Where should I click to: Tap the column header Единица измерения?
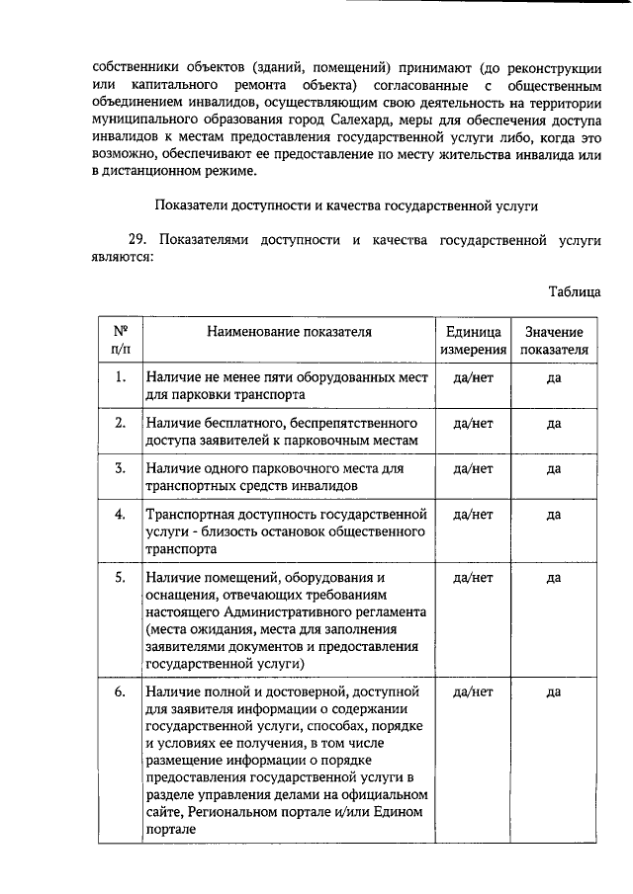pos(473,341)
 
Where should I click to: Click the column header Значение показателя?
pos(554,341)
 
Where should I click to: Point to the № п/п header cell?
pos(120,341)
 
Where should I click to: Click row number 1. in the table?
pos(120,376)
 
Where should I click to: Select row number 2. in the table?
pos(120,423)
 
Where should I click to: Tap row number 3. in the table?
pos(120,468)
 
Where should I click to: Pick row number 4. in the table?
pos(120,514)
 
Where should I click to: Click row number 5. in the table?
pos(120,577)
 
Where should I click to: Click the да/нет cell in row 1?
pos(473,376)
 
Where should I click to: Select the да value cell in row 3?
pos(554,468)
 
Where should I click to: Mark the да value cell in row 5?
pos(554,577)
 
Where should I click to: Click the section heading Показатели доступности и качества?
pos(345,204)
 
